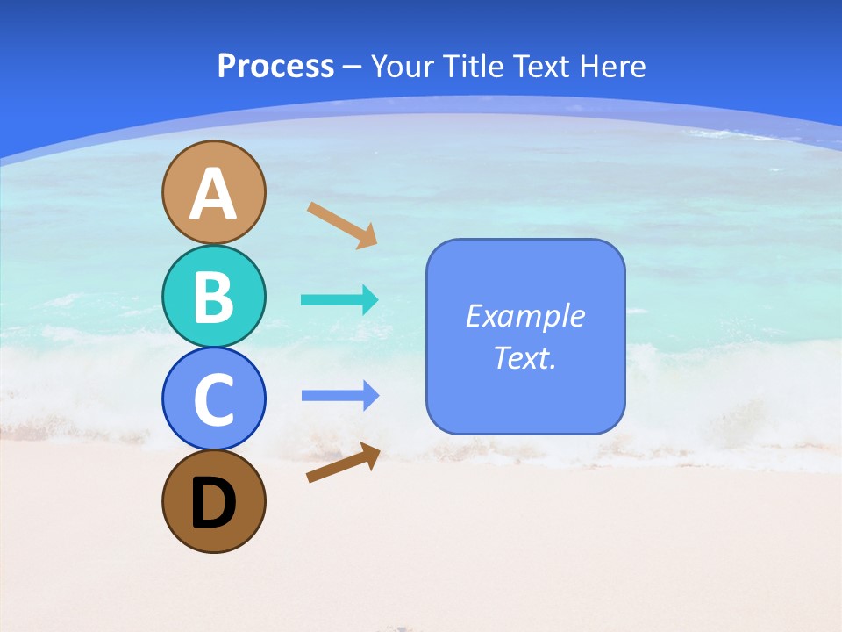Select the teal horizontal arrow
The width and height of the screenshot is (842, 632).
pyautogui.click(x=339, y=300)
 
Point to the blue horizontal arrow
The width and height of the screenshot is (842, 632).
pyautogui.click(x=339, y=396)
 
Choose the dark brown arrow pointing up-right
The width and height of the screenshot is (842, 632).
pyautogui.click(x=343, y=463)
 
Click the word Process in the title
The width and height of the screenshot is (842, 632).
pyautogui.click(x=275, y=66)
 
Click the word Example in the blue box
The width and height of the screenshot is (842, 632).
pyautogui.click(x=525, y=316)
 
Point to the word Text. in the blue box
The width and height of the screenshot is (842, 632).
pyautogui.click(x=525, y=358)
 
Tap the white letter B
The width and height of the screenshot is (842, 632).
pyautogui.click(x=213, y=297)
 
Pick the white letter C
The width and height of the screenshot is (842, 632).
pyautogui.click(x=213, y=399)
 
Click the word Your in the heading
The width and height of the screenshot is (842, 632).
pyautogui.click(x=400, y=66)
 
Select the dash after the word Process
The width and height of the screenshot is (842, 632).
pyautogui.click(x=352, y=67)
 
